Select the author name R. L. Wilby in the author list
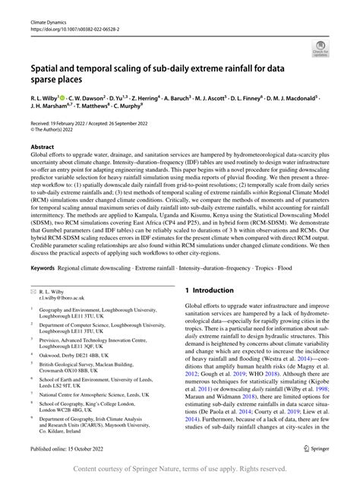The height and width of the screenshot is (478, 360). [x=47, y=99]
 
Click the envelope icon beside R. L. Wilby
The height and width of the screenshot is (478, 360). [x=33, y=291]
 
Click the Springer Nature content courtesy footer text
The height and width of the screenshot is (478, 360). [x=180, y=469]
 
